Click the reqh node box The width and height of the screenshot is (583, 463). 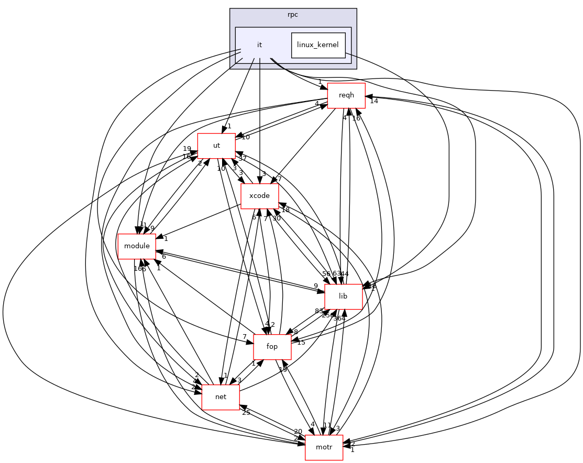[346, 95]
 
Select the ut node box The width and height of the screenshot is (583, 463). [216, 146]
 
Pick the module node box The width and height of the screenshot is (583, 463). [137, 246]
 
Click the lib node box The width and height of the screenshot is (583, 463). [343, 296]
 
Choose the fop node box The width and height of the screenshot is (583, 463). [272, 347]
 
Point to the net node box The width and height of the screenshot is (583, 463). [221, 397]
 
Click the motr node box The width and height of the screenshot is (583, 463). [324, 447]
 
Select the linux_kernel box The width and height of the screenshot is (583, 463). [318, 45]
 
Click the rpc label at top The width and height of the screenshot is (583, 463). [293, 15]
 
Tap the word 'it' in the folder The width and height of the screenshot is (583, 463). [259, 45]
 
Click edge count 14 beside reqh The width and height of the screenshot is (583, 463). [374, 101]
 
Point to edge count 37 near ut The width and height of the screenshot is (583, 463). [243, 158]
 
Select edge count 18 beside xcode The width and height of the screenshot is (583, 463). [285, 210]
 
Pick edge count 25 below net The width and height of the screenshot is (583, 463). [246, 413]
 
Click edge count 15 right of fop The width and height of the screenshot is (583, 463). [301, 343]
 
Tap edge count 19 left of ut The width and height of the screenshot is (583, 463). [187, 149]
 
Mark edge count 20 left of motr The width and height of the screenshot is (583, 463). [298, 432]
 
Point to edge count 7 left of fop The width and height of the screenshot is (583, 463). [244, 336]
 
